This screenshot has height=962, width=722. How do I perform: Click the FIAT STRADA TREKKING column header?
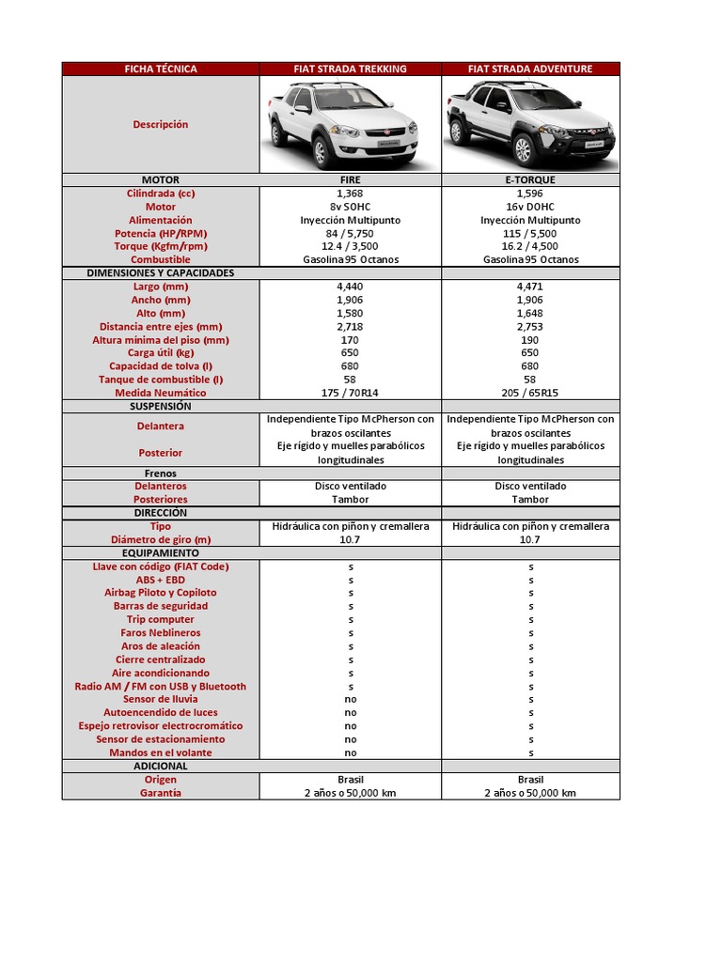(350, 69)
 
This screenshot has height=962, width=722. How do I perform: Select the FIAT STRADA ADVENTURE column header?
(530, 69)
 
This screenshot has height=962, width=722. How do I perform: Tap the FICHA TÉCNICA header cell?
(160, 69)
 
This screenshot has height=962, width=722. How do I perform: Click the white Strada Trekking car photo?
(343, 124)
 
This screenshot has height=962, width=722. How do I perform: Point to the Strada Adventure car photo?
(530, 124)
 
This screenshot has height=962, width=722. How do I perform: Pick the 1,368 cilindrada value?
(350, 193)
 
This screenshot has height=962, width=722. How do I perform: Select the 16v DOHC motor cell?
(530, 207)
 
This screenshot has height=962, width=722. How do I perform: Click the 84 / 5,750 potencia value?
(350, 233)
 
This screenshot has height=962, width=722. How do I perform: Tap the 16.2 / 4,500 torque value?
(530, 246)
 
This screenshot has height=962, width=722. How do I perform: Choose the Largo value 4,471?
(530, 287)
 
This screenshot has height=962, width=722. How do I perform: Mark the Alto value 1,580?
(350, 313)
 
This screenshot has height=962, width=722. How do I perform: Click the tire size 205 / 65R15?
(530, 393)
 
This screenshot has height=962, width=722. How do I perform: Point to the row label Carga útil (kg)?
(160, 353)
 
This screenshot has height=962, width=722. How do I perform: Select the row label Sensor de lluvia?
(160, 699)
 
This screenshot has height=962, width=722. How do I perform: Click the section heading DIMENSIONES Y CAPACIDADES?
(160, 272)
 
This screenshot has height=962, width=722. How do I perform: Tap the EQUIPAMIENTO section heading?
(160, 553)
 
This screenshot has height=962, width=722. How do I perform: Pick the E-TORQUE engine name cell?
(530, 179)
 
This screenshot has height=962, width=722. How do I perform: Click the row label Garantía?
(160, 793)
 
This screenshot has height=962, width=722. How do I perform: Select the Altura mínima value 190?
(530, 340)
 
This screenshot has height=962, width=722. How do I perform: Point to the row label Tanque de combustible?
(160, 380)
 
